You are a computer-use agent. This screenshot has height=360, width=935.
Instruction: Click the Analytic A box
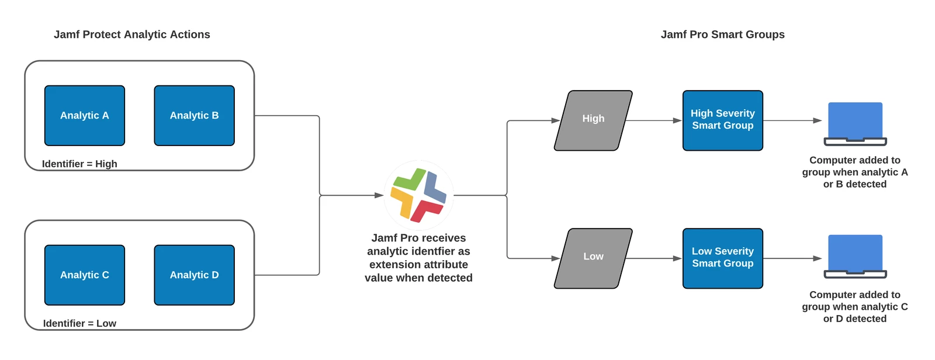click(x=85, y=116)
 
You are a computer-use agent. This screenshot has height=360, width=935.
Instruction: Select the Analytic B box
click(x=195, y=116)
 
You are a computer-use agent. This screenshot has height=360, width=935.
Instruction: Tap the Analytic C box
click(x=85, y=275)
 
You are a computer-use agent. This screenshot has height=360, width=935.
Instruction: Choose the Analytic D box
click(x=195, y=275)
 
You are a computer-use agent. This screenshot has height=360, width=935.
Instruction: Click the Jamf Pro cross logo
click(x=418, y=195)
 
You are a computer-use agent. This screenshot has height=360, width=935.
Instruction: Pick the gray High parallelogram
click(x=593, y=121)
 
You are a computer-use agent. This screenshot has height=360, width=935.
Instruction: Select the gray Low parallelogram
click(x=593, y=258)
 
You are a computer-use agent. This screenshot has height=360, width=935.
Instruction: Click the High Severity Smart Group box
click(x=723, y=121)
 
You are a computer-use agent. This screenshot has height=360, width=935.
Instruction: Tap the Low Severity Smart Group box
click(x=723, y=258)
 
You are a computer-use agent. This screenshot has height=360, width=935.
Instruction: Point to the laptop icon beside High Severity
click(x=856, y=124)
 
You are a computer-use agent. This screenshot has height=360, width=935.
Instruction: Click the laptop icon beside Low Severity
click(x=856, y=257)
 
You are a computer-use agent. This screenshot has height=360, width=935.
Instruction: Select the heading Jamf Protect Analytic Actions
click(x=132, y=34)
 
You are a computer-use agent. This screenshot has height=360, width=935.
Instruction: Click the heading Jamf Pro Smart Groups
click(x=722, y=34)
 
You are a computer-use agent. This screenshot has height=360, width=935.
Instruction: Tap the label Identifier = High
click(x=79, y=164)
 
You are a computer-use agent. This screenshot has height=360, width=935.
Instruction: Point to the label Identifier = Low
click(x=79, y=323)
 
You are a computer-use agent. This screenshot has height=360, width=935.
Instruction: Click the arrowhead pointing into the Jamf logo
click(x=379, y=195)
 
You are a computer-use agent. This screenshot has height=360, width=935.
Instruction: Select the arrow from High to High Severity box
click(x=654, y=121)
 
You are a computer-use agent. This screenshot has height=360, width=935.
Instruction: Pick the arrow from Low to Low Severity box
click(x=654, y=258)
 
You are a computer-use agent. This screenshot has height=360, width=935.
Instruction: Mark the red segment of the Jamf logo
click(x=426, y=210)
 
